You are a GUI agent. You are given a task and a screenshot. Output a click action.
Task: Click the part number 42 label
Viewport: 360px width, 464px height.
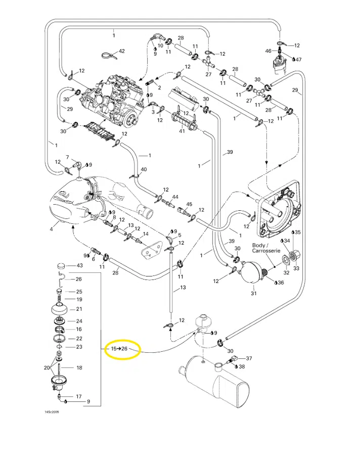click(x=121, y=52)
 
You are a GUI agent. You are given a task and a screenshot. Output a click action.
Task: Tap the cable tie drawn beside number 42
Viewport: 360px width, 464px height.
click(x=107, y=54)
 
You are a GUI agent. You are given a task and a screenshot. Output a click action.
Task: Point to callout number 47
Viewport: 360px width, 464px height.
click(x=299, y=60)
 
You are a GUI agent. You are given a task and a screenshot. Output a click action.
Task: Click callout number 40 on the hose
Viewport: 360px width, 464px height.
click(x=144, y=169)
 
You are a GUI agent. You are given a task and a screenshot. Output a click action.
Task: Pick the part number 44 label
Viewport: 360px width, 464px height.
click(x=175, y=197)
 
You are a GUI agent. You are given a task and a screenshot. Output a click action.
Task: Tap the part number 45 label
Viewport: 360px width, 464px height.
click(x=189, y=204)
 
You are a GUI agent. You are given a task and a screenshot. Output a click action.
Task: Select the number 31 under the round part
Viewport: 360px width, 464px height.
click(x=254, y=294)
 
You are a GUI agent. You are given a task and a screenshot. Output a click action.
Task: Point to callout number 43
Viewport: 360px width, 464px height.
click(x=79, y=266)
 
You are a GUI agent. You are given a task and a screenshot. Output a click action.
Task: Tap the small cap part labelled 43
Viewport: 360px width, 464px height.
click(x=61, y=265)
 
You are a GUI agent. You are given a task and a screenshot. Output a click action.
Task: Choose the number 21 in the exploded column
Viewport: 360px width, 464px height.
click(x=79, y=309)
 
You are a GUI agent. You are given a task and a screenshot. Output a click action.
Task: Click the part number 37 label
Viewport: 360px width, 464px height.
click(x=249, y=358)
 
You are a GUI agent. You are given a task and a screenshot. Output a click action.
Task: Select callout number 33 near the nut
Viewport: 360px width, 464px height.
click(x=297, y=268)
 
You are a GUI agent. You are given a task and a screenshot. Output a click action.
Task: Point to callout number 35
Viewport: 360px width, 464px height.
click(x=298, y=232)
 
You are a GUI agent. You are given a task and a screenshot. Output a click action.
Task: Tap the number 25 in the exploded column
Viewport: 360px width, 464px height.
click(x=79, y=292)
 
